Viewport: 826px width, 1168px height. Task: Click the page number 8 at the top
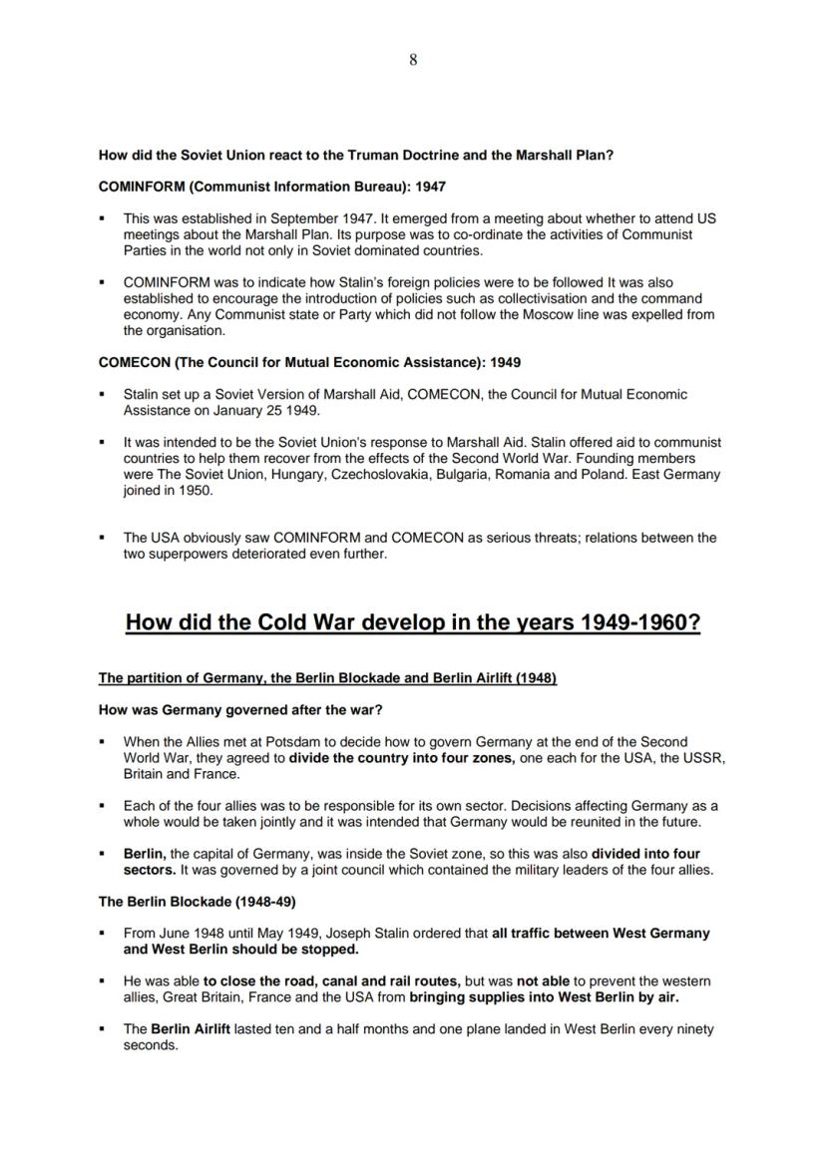tap(413, 60)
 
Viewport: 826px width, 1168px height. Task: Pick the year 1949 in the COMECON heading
tap(504, 362)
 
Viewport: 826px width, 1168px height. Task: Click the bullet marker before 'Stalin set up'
tap(102, 395)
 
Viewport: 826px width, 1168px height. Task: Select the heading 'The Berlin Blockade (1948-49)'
tap(189, 902)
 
